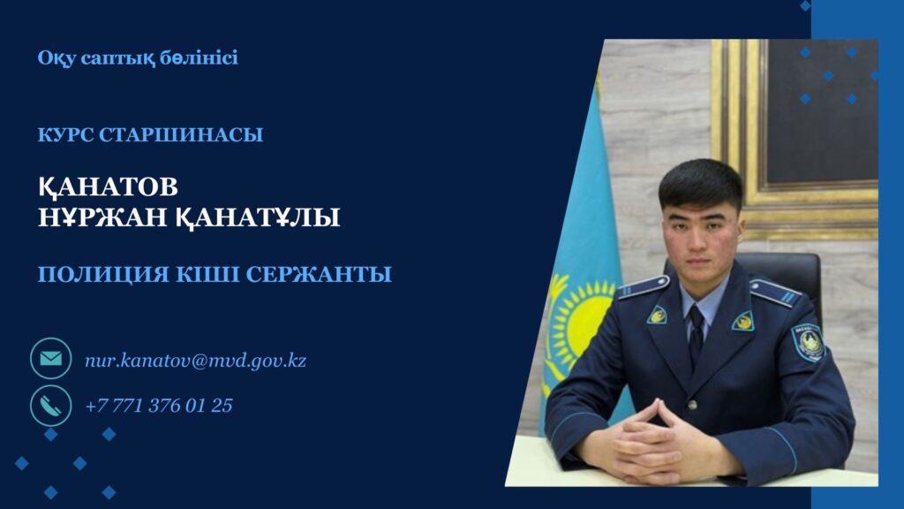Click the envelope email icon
[50, 359]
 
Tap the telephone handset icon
[50, 406]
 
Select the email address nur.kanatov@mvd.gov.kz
[195, 361]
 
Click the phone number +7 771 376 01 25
[159, 405]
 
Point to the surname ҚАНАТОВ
[108, 186]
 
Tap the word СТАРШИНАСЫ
[181, 134]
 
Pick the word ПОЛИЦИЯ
[103, 275]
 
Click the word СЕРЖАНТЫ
[319, 275]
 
